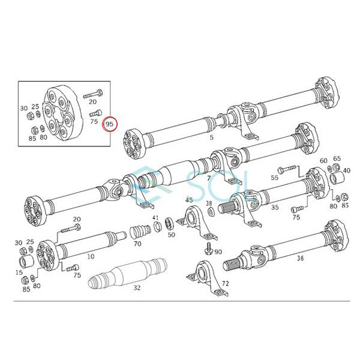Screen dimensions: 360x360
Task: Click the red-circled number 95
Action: (110, 124)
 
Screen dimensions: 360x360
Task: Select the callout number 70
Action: (137, 244)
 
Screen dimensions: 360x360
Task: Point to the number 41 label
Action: (155, 218)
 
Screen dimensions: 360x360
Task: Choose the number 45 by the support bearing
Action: (189, 200)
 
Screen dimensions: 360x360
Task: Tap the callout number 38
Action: (209, 203)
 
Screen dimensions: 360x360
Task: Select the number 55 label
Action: (275, 178)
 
